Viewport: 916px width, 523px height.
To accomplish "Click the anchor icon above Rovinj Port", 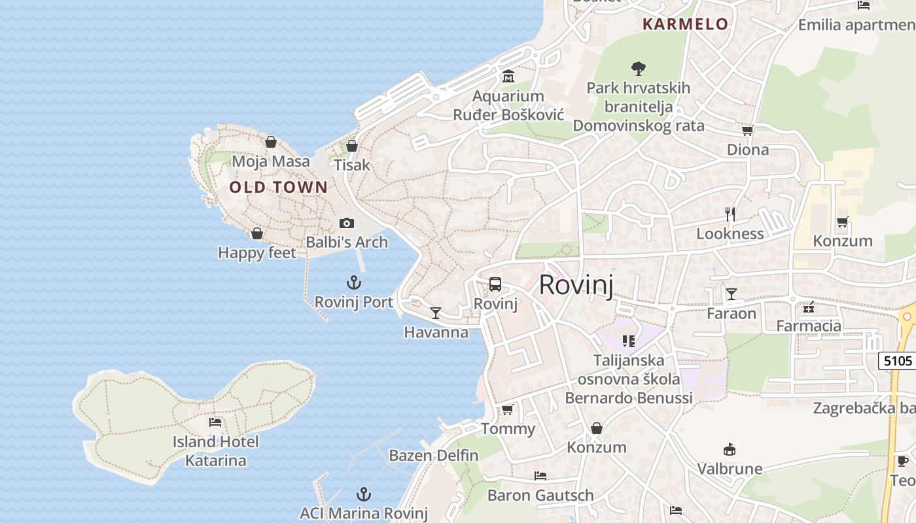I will tap(353, 282).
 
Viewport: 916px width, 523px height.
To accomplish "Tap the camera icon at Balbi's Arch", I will tap(347, 224).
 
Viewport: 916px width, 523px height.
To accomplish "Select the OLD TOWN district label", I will tap(278, 188).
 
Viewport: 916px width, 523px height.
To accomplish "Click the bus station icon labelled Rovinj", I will tap(495, 284).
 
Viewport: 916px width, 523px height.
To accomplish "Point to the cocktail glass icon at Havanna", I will tap(435, 313).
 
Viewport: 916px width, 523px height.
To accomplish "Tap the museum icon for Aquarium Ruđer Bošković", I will tap(508, 76).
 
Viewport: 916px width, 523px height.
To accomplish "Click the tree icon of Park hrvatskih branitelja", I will tap(638, 67).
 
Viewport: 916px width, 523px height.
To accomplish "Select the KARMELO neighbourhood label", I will tap(685, 24).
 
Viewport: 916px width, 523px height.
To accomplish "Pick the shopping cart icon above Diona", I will tap(747, 130).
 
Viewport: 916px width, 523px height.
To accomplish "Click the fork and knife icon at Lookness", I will tap(730, 214).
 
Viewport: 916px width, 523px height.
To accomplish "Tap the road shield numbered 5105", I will tap(897, 360).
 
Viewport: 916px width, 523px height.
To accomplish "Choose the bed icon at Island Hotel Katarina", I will tap(215, 422).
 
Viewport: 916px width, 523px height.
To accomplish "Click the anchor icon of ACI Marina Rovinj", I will tap(363, 494).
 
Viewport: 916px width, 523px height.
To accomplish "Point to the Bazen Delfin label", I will tap(433, 455).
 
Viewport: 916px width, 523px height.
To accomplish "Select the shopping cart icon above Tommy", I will tap(507, 410).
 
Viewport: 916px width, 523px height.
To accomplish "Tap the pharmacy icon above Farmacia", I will tap(809, 307).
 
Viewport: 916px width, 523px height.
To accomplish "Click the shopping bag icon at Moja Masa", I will tap(270, 142).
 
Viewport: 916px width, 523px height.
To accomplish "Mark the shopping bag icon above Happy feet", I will tap(257, 233).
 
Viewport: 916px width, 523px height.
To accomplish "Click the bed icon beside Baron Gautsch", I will tap(540, 475).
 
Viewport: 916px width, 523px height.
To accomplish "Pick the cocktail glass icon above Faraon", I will tap(731, 294).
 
